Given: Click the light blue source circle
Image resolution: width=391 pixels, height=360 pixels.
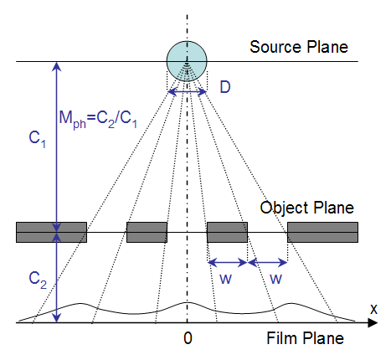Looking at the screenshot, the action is [x=187, y=61].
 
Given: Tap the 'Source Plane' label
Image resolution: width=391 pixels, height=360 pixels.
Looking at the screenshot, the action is [x=299, y=47].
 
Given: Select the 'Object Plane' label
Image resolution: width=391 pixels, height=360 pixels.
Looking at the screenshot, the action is [x=306, y=208].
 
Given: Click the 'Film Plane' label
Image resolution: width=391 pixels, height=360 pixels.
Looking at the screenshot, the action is [x=305, y=338].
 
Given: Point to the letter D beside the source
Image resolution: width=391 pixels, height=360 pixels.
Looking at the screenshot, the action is [x=225, y=87].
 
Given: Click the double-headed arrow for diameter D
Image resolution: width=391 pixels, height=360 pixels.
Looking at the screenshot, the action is [x=187, y=91].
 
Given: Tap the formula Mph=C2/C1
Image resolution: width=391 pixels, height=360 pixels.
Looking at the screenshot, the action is [x=98, y=120].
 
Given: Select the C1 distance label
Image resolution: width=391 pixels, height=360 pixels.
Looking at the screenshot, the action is [x=37, y=139].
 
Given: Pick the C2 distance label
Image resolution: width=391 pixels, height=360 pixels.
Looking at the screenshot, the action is [x=38, y=280].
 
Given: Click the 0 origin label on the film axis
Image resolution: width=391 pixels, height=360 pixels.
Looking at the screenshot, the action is [x=188, y=338].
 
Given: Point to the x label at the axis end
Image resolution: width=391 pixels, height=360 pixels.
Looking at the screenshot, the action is [x=373, y=309].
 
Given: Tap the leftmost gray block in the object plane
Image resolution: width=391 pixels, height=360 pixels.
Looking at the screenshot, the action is [x=51, y=232].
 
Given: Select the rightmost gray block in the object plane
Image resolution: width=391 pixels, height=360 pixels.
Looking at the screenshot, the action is [x=322, y=232].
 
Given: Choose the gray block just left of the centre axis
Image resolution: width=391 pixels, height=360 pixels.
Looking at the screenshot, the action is [x=147, y=232].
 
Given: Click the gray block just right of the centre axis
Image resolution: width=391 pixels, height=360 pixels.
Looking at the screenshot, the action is [x=227, y=232].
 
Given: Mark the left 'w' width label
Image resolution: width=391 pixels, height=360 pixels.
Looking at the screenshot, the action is [x=225, y=279].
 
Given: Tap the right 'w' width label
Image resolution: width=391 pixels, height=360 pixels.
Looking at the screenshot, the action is [x=275, y=279].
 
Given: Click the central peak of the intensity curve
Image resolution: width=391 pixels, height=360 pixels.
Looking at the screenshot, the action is [x=187, y=302].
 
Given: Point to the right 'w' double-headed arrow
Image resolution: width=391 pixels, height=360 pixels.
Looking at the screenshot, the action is [x=267, y=262].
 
